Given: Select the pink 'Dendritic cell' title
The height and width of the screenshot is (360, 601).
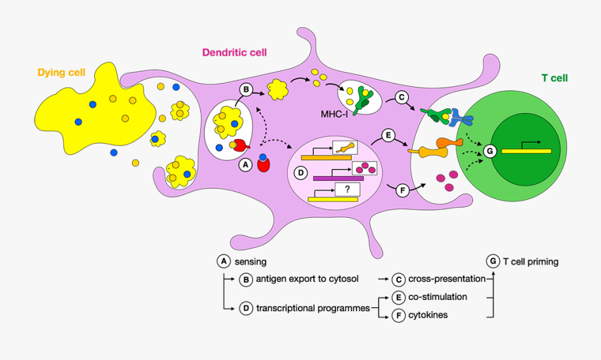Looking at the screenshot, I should (x=234, y=53).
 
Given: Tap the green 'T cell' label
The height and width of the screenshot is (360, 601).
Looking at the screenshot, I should (x=554, y=78).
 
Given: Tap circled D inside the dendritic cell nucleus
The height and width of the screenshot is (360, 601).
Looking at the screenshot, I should (x=300, y=173).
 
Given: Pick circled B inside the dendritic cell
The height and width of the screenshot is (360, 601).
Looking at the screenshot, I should (x=246, y=89).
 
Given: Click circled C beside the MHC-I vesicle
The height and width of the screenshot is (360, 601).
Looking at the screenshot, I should (x=402, y=98).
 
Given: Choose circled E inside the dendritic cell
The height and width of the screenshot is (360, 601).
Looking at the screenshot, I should (x=387, y=136).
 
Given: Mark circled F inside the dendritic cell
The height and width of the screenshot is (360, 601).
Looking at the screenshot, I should (x=402, y=191).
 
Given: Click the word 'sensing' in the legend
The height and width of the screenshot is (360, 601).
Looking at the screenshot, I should (x=250, y=262).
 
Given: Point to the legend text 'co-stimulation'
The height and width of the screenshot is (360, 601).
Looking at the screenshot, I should (x=437, y=297).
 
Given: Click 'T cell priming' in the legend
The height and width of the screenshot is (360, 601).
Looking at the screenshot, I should (x=530, y=261).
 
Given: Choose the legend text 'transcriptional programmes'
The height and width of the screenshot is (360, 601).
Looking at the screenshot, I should (x=313, y=308).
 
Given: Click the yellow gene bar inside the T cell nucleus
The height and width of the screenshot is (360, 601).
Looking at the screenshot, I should (x=526, y=151).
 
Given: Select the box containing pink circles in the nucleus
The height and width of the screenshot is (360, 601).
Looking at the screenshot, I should (x=365, y=168).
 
